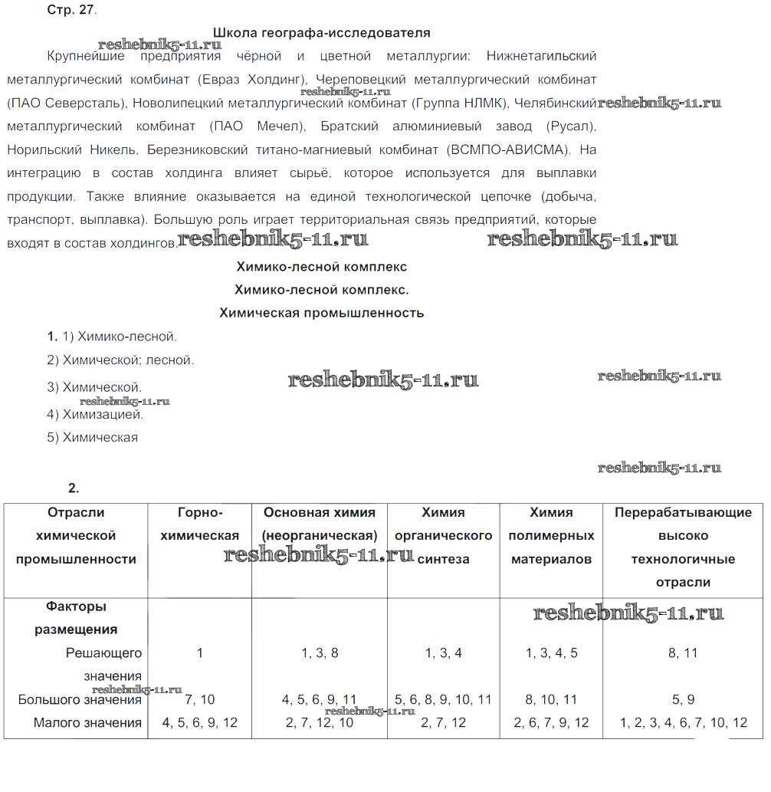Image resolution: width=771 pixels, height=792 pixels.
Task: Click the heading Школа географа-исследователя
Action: [x=321, y=33]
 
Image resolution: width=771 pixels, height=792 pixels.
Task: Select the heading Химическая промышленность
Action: [x=321, y=313]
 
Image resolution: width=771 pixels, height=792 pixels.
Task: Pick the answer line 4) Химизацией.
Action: [x=95, y=415]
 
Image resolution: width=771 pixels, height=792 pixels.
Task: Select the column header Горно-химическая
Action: [x=199, y=524]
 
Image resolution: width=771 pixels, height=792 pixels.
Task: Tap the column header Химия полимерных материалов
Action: [x=551, y=536]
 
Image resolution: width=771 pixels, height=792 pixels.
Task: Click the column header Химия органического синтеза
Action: [x=443, y=536]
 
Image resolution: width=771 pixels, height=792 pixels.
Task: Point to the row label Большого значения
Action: [x=80, y=699]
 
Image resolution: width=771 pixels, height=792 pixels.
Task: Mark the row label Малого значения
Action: [x=87, y=722]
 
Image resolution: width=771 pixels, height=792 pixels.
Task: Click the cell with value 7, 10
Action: [x=199, y=699]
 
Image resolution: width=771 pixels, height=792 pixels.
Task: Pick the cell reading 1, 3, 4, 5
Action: [x=551, y=653]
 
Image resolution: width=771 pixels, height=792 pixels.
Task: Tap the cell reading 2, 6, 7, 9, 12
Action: [x=551, y=722]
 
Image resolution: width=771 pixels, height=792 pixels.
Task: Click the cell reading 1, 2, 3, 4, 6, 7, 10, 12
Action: [x=682, y=722]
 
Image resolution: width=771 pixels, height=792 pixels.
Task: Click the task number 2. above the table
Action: [x=74, y=488]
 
